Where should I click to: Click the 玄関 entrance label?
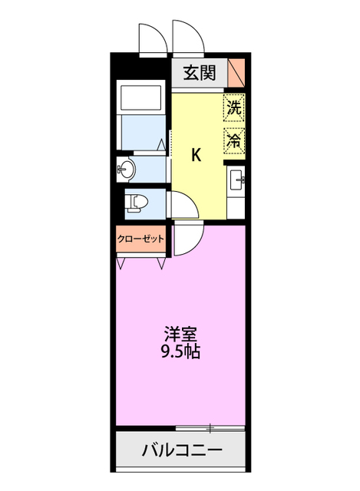pyautogui.click(x=199, y=74)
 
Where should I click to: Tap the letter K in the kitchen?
pyautogui.click(x=197, y=155)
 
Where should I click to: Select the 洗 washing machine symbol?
pyautogui.click(x=233, y=108)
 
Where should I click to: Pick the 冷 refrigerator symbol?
pyautogui.click(x=233, y=140)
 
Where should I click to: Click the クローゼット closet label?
pyautogui.click(x=141, y=239)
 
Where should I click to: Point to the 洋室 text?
pyautogui.click(x=181, y=334)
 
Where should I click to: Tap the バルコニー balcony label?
pyautogui.click(x=181, y=450)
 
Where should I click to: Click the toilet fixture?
pyautogui.click(x=137, y=202)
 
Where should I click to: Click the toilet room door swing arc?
pyautogui.click(x=179, y=203)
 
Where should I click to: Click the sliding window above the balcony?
pyautogui.click(x=209, y=427)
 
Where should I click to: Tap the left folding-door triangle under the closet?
pyautogui.click(x=121, y=262)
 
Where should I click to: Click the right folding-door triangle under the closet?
pyautogui.click(x=162, y=262)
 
